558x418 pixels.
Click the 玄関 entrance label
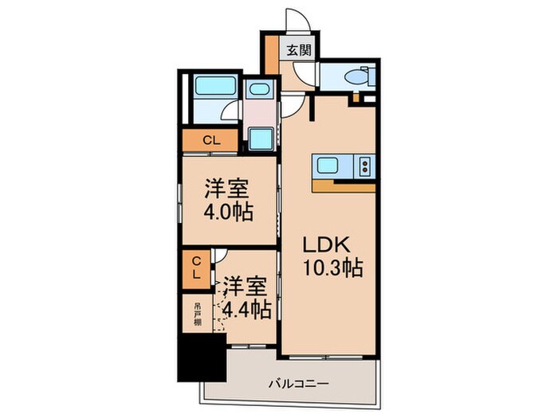[299, 50]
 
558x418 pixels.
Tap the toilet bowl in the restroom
[357, 76]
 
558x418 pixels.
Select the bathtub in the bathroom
[215, 86]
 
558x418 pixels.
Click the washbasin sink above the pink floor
[258, 88]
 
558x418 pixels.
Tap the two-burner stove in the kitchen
[365, 166]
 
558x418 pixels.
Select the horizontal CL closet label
[212, 141]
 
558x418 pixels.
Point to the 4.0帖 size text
[229, 213]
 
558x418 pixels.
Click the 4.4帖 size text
[247, 310]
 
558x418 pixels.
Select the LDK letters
[325, 245]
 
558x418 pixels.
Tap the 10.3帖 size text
[332, 268]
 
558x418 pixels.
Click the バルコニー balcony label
[299, 384]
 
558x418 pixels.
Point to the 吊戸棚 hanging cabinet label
[198, 314]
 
